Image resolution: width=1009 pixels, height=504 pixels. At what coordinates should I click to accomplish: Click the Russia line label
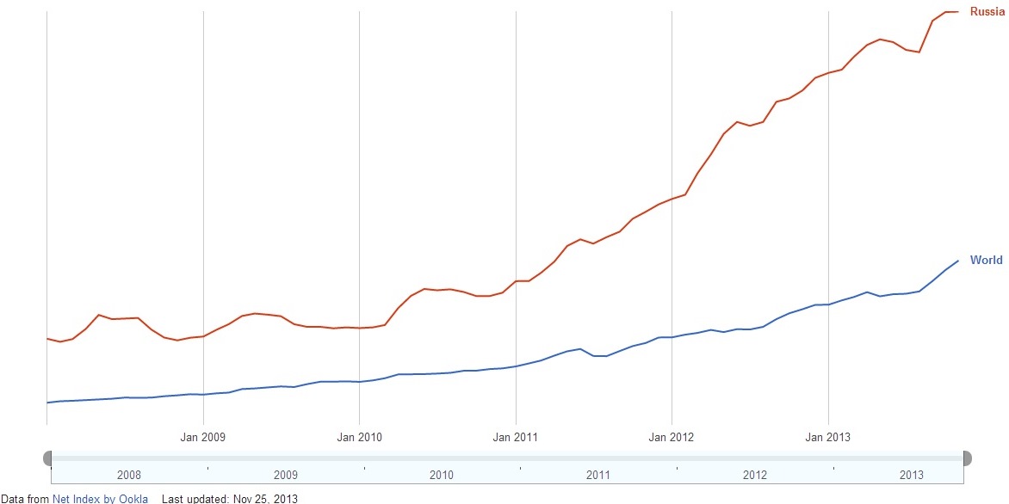pyautogui.click(x=987, y=12)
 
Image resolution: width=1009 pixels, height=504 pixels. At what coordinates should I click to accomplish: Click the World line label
pyautogui.click(x=986, y=260)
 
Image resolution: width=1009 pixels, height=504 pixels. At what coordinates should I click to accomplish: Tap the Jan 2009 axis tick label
pyautogui.click(x=202, y=437)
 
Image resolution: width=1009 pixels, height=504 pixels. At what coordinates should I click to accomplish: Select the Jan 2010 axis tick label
pyautogui.click(x=359, y=437)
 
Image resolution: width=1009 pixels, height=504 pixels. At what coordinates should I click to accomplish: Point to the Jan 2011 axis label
pyautogui.click(x=515, y=437)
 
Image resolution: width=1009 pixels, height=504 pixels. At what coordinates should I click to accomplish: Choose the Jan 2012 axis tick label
pyautogui.click(x=671, y=437)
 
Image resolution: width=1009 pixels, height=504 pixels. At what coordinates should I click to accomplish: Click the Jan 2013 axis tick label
pyautogui.click(x=827, y=437)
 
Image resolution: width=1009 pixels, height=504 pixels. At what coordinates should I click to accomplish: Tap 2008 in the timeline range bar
pyautogui.click(x=128, y=475)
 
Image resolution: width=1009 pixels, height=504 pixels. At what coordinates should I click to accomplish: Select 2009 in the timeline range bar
pyautogui.click(x=285, y=475)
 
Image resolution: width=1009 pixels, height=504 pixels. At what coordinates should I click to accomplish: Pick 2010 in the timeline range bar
pyautogui.click(x=441, y=475)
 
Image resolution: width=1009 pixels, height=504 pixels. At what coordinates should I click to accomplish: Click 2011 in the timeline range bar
pyautogui.click(x=597, y=475)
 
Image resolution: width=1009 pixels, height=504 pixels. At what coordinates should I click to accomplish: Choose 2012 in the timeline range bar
pyautogui.click(x=754, y=475)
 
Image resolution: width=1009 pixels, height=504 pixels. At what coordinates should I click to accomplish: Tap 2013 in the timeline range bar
pyautogui.click(x=911, y=475)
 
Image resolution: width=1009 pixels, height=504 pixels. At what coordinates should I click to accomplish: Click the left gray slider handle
pyautogui.click(x=47, y=458)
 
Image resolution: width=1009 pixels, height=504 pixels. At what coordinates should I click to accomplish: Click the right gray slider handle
pyautogui.click(x=966, y=458)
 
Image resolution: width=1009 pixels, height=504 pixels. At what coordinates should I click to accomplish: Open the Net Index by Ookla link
pyautogui.click(x=100, y=499)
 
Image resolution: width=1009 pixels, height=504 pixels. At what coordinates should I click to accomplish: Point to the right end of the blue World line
pyautogui.click(x=958, y=261)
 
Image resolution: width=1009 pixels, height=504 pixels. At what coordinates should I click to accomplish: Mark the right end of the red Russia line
pyautogui.click(x=958, y=11)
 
